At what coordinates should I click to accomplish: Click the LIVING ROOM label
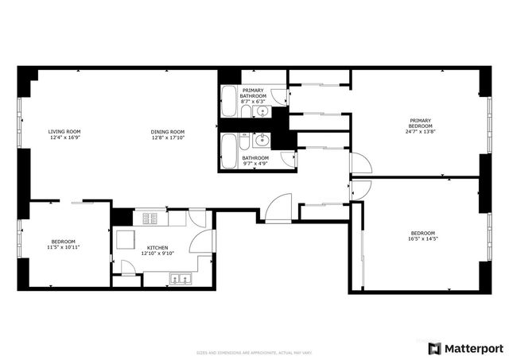pyautogui.click(x=64, y=131)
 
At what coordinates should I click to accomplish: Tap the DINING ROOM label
pyautogui.click(x=168, y=131)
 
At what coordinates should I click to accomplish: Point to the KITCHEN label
pyautogui.click(x=156, y=246)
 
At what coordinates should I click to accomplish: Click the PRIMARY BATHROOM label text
pyautogui.click(x=253, y=93)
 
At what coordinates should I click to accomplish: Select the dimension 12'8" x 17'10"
pyautogui.click(x=168, y=137)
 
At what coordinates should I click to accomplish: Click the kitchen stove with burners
pyautogui.click(x=150, y=218)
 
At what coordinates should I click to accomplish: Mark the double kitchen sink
pyautogui.click(x=178, y=278)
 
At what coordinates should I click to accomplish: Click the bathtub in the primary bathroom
pyautogui.click(x=228, y=101)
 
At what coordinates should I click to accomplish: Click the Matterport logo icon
pyautogui.click(x=433, y=348)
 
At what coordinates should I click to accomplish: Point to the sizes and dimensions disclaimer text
pyautogui.click(x=254, y=352)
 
